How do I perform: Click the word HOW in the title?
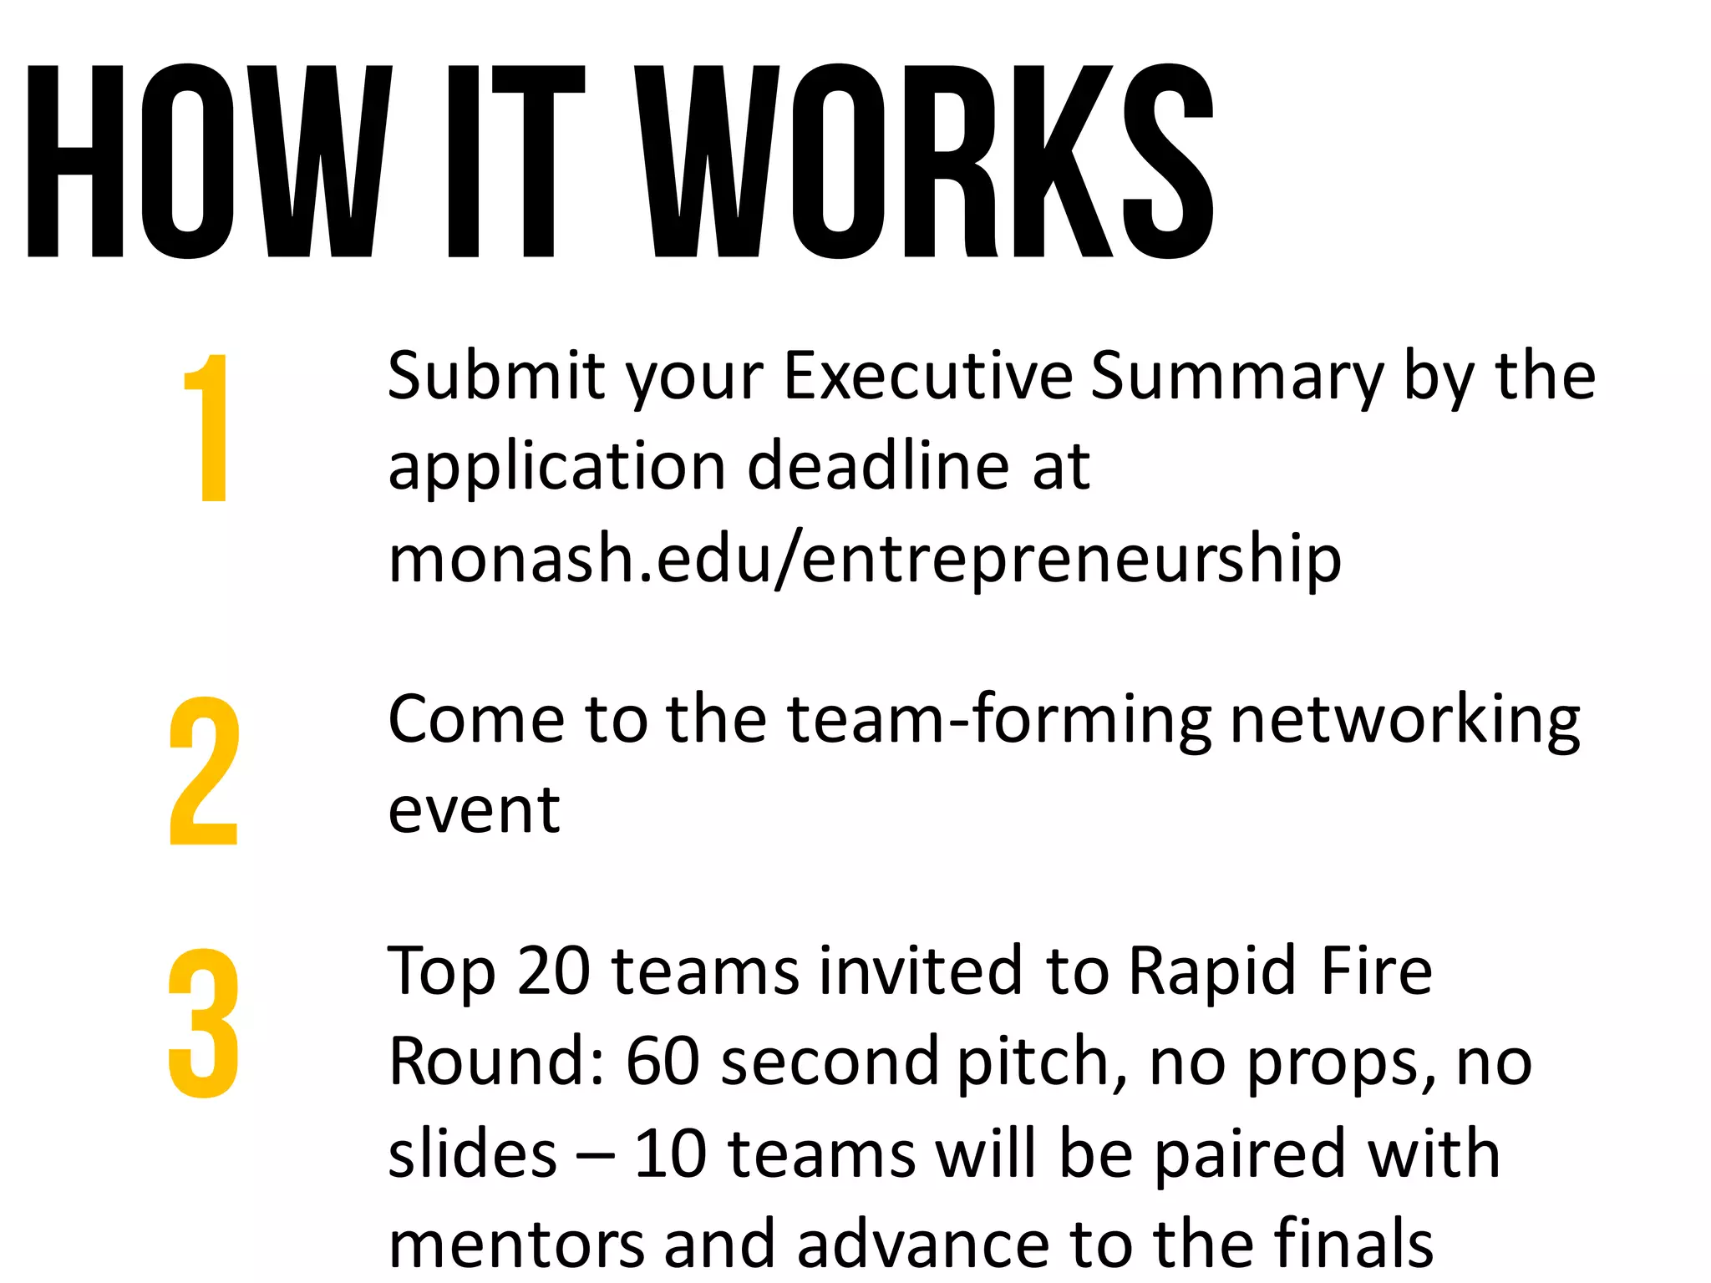209,161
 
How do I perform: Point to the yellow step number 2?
204,771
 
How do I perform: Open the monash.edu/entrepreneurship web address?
865,560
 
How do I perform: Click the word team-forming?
999,720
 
